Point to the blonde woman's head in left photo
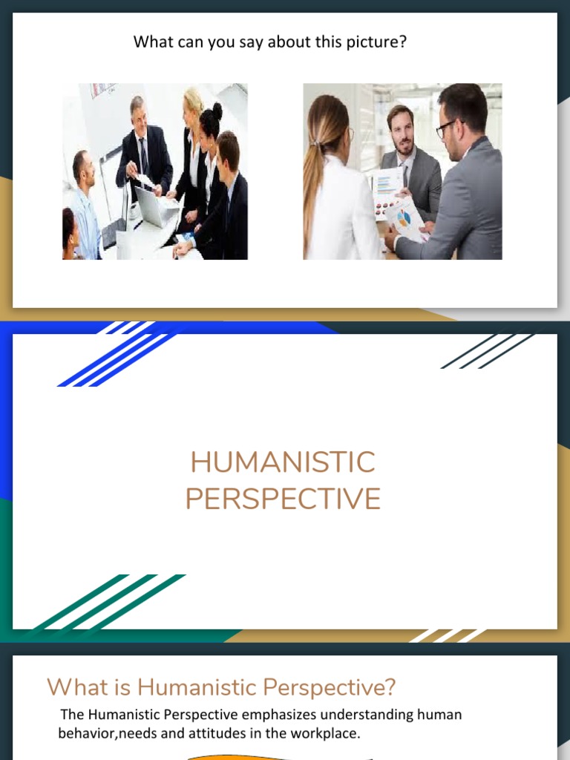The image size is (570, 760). (x=194, y=105)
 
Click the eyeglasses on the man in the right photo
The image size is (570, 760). (x=447, y=128)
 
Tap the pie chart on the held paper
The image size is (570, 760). (x=403, y=217)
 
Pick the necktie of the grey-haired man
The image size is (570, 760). (x=143, y=156)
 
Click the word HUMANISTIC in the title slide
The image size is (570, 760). (x=283, y=463)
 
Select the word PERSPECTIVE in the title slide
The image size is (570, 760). (x=283, y=499)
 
